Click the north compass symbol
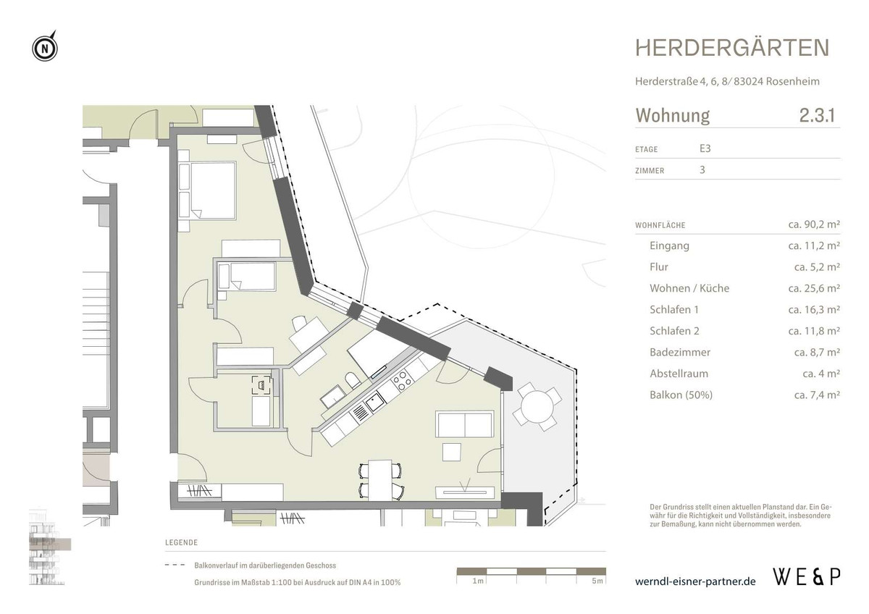[45, 49]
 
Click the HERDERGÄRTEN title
[732, 48]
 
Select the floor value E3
[705, 149]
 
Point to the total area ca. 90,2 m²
[813, 225]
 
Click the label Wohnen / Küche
[689, 288]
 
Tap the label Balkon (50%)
[681, 395]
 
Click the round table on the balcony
[537, 408]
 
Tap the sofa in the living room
[464, 424]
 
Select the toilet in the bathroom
[350, 381]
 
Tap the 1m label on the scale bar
[478, 581]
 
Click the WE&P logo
[807, 577]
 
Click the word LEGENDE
[181, 542]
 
